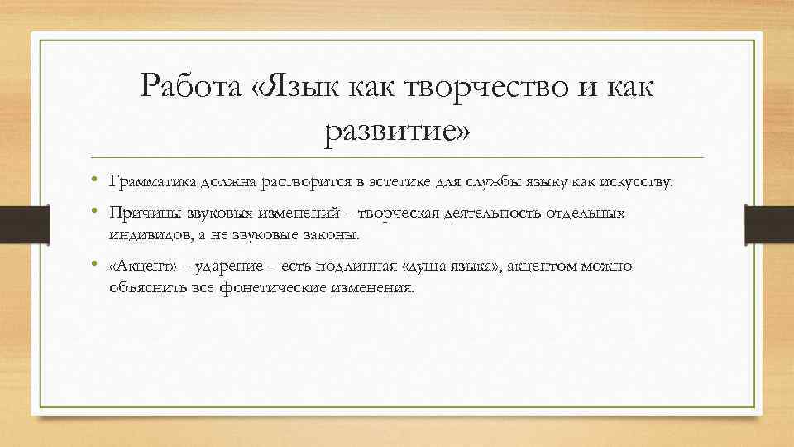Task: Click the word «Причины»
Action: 141,214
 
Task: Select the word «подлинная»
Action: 348,267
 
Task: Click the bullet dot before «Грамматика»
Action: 96,181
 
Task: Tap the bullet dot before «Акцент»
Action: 96,266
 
